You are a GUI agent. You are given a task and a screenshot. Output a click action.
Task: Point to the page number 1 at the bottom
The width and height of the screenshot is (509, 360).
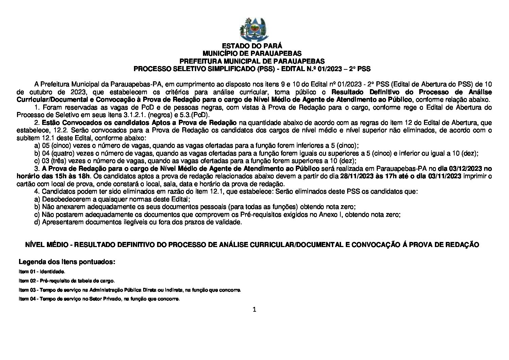pyautogui.click(x=254, y=309)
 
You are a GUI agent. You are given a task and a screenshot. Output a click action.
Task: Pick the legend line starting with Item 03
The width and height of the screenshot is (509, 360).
pyautogui.click(x=130, y=290)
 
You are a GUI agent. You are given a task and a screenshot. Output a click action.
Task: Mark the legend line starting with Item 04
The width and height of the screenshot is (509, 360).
pyautogui.click(x=99, y=299)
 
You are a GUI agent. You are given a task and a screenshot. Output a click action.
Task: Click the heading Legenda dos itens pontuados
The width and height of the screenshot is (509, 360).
pyautogui.click(x=67, y=262)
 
